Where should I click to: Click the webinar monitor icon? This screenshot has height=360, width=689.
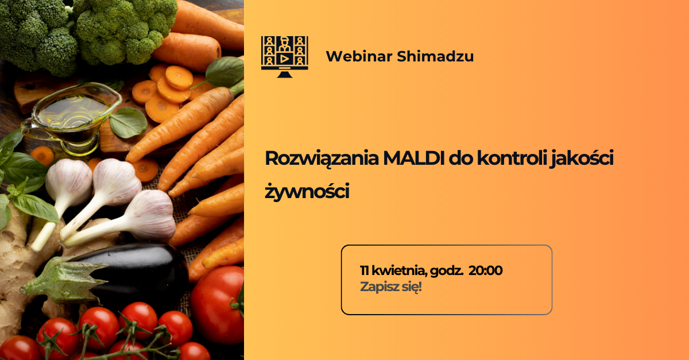[x=285, y=57]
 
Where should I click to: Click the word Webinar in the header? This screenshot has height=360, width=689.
[x=359, y=56]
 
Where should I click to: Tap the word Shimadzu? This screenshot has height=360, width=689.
[x=435, y=56]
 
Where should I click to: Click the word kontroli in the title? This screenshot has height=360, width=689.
[x=512, y=158]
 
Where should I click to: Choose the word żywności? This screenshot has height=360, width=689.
[x=307, y=191]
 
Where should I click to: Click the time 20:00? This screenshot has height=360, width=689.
[x=485, y=270]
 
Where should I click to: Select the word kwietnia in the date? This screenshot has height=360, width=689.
[x=400, y=271]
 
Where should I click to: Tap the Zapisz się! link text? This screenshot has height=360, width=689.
[x=390, y=287]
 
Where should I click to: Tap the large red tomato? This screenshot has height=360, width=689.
[x=218, y=305]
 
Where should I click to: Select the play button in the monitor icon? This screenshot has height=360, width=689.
[x=285, y=59]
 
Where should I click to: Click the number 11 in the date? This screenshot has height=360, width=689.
[x=365, y=271]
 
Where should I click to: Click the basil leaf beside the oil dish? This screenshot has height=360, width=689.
[x=128, y=122]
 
